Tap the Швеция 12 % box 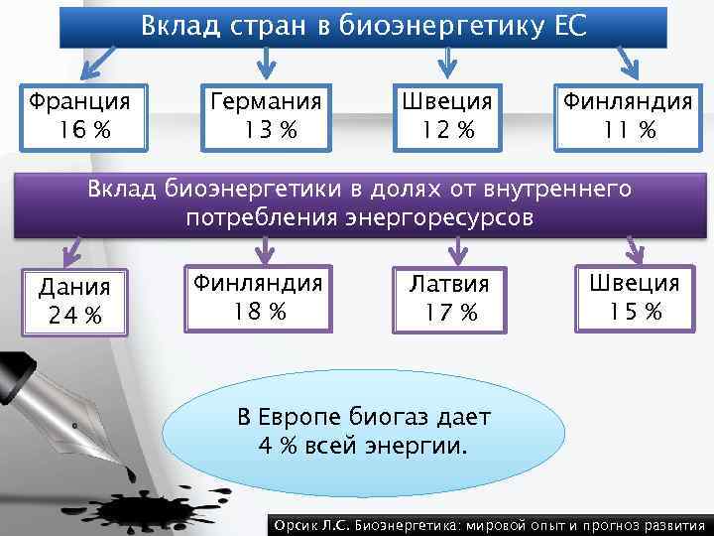(x=446, y=116)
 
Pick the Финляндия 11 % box (x=628, y=116)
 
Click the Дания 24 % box (x=73, y=302)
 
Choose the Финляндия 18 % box (x=258, y=297)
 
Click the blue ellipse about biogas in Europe (x=363, y=431)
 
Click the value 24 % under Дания (x=72, y=317)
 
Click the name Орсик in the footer (x=295, y=525)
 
